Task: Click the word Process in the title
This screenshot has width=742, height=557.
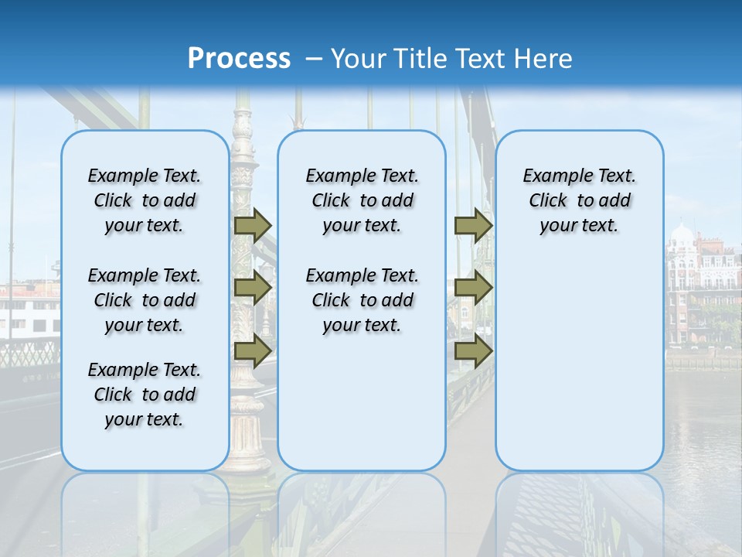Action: tap(239, 58)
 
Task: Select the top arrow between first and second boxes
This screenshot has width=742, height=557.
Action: tap(253, 225)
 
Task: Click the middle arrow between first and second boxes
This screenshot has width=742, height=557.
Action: tap(253, 288)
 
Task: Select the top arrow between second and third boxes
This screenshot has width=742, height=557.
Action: tap(473, 225)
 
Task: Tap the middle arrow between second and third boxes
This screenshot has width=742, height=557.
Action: tap(473, 288)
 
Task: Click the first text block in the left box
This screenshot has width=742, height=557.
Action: tap(145, 200)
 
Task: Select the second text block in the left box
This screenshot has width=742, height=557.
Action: tap(145, 300)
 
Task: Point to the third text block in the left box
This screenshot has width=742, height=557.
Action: tap(145, 395)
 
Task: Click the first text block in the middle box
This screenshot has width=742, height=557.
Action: tap(362, 200)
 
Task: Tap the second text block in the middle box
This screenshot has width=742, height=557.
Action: tap(362, 300)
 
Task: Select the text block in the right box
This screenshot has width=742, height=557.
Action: tap(579, 200)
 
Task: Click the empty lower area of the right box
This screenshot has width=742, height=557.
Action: tap(579, 371)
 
